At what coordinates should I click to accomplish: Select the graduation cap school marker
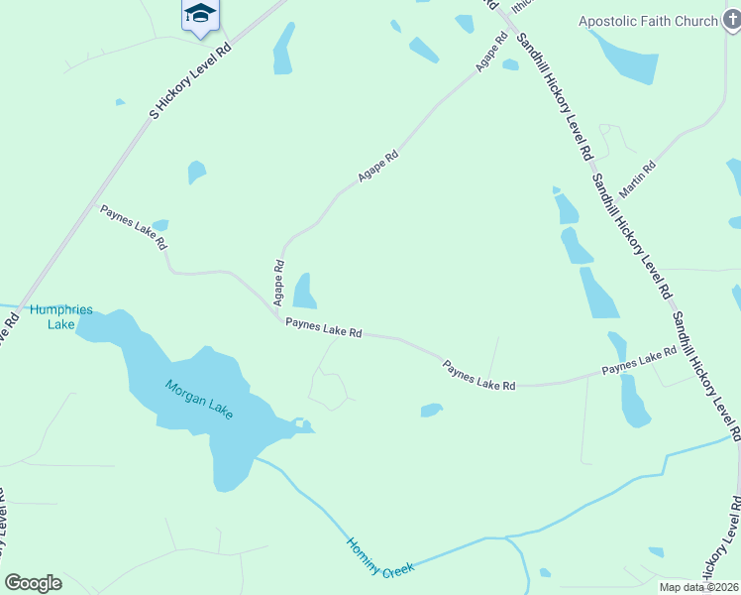point(200,15)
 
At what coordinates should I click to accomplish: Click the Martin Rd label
point(637,178)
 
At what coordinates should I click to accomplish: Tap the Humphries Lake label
point(61,316)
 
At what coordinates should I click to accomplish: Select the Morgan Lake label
point(199,400)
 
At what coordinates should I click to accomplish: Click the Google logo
point(33,583)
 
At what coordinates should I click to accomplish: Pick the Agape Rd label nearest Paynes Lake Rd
point(279,282)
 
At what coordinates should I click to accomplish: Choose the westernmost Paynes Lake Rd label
point(133,226)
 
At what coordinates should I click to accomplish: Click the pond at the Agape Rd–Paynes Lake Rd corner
point(304,292)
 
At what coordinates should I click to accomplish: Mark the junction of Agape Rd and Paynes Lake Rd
point(278,314)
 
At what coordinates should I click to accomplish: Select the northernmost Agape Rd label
point(491,52)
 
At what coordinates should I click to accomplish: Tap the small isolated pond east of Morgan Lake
point(431,410)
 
